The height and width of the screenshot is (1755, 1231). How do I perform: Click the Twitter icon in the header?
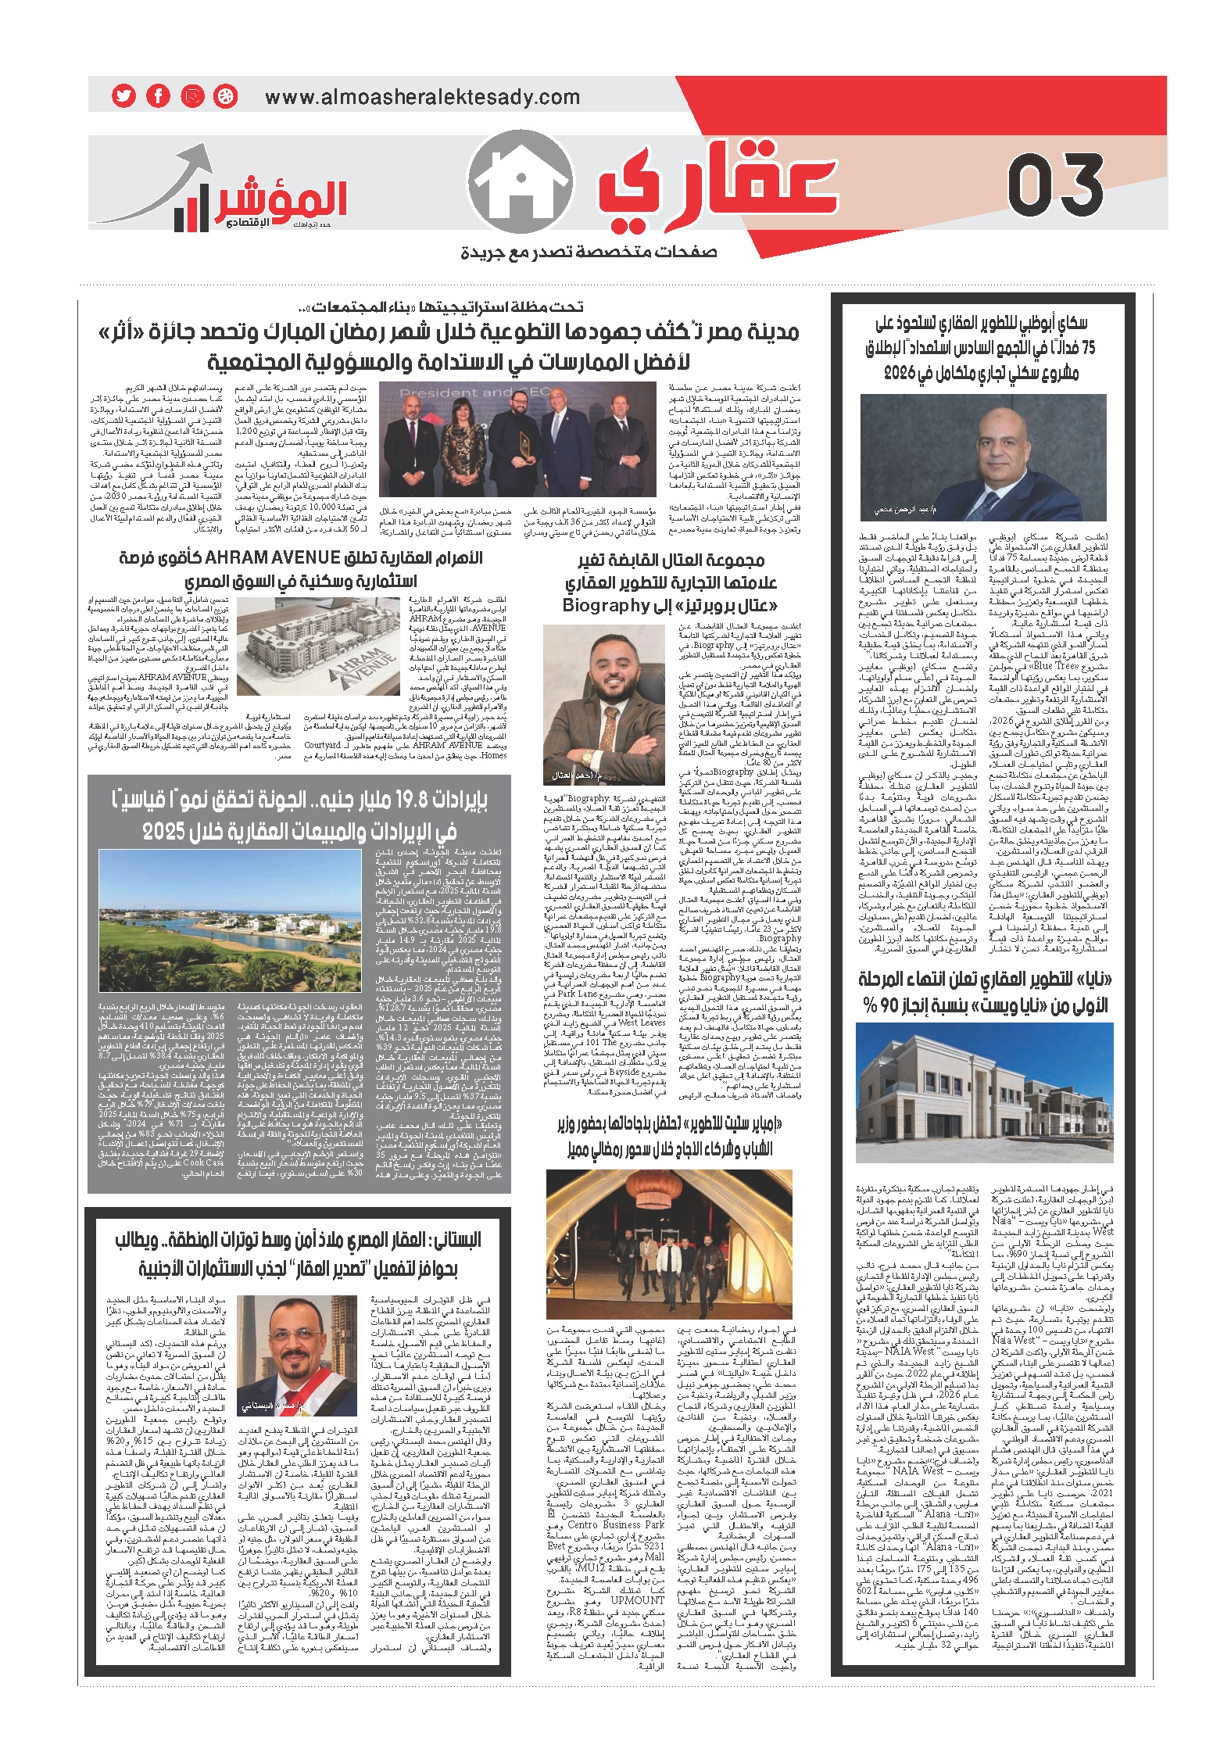click(x=123, y=96)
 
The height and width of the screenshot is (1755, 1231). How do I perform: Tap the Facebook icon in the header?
click(x=158, y=96)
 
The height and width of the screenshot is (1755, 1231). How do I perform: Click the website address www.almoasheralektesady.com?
click(x=422, y=98)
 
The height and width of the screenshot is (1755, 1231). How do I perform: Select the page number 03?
click(x=1055, y=185)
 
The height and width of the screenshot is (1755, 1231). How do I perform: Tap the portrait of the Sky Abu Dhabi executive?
click(x=982, y=457)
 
